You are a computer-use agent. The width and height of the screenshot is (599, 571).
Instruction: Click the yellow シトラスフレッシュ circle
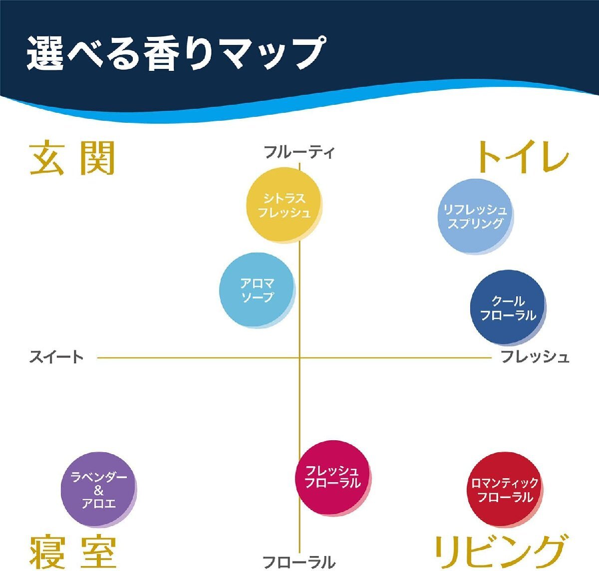[284, 205]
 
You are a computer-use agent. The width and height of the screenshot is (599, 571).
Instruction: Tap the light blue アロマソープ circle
[257, 290]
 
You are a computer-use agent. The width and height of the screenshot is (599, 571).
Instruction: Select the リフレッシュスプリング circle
[475, 217]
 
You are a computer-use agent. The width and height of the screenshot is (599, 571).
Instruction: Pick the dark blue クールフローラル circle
[507, 307]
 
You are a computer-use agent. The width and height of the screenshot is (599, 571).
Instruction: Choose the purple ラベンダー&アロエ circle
[98, 490]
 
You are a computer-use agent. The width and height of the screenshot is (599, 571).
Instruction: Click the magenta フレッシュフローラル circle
[332, 477]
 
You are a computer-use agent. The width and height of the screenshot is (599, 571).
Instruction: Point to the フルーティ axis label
[299, 152]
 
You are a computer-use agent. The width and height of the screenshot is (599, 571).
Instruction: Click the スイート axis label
[56, 357]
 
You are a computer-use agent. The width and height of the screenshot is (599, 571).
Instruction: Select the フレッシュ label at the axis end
[535, 357]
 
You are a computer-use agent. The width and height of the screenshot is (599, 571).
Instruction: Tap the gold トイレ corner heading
[522, 157]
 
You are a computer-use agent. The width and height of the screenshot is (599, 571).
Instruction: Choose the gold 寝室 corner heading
[73, 552]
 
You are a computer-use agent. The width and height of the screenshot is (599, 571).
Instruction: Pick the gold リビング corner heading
[501, 551]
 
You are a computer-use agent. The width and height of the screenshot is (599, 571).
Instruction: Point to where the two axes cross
[299, 357]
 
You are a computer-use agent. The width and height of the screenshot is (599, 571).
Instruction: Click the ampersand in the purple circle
[98, 490]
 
